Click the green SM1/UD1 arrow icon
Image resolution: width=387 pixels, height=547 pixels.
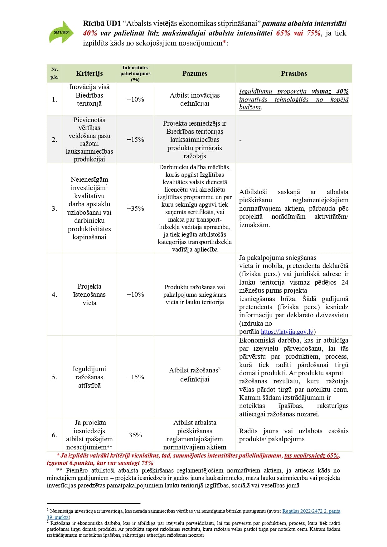tap(61, 32)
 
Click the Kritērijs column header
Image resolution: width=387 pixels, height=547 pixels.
tap(89, 74)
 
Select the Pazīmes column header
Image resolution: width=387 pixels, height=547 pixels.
tap(195, 74)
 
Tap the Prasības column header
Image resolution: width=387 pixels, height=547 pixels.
tap(294, 74)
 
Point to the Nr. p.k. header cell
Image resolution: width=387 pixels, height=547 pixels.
tap(55, 73)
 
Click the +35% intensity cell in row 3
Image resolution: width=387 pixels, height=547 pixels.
tap(135, 208)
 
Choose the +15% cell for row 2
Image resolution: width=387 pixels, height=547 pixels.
tap(135, 140)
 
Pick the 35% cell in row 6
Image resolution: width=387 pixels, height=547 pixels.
tap(135, 435)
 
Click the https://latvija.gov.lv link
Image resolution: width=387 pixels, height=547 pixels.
tap(287, 332)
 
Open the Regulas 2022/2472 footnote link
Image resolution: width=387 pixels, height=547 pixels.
tap(311, 511)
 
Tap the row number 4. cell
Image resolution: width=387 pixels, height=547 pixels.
tap(55, 295)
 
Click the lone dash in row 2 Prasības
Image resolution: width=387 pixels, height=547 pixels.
tap(240, 140)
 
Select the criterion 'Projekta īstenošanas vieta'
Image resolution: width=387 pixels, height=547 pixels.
tap(89, 295)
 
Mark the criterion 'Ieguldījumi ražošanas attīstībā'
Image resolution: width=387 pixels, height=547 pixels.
tap(89, 377)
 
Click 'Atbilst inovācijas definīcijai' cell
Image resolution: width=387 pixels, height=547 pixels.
tap(195, 99)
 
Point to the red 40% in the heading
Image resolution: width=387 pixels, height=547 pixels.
tap(90, 33)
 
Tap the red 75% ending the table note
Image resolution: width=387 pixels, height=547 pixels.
tap(147, 463)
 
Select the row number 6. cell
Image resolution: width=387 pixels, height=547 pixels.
tap(55, 435)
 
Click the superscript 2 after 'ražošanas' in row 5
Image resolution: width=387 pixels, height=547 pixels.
tap(220, 368)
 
